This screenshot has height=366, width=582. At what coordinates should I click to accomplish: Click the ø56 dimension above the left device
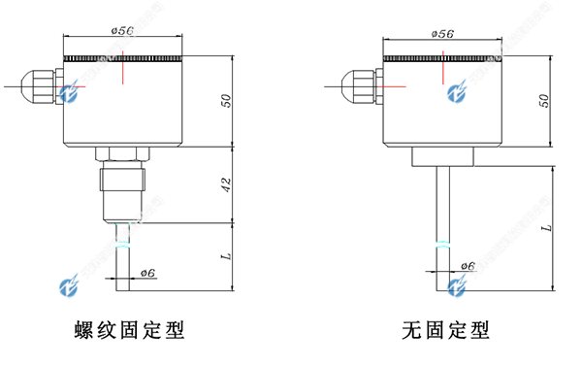click(x=122, y=31)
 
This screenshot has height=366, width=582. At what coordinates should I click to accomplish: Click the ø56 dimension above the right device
click(x=441, y=33)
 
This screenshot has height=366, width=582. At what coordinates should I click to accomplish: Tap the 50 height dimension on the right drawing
click(x=544, y=100)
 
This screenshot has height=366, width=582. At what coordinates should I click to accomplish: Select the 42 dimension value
click(x=225, y=184)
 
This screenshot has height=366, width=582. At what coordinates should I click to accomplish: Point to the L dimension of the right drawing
click(x=546, y=226)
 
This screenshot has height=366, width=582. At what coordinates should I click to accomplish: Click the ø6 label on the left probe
click(x=148, y=273)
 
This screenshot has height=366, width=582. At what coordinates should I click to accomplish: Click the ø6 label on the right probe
click(x=467, y=265)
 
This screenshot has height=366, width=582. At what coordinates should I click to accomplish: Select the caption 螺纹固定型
click(x=129, y=330)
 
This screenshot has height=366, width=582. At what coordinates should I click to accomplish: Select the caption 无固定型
click(x=445, y=330)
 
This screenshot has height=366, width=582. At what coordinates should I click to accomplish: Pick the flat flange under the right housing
click(x=441, y=154)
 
